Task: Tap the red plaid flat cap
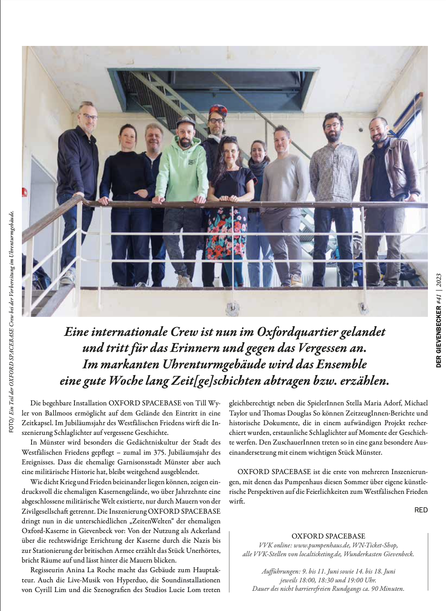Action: coord(218,110)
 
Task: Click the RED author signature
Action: coord(421,510)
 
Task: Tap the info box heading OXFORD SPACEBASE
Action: coord(328,536)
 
